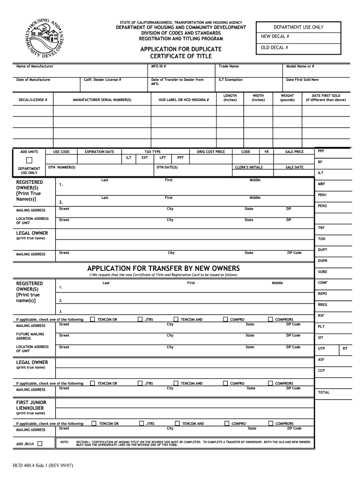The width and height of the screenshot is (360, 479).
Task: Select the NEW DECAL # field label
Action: click(x=275, y=36)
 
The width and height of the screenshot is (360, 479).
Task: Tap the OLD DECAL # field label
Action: click(x=274, y=48)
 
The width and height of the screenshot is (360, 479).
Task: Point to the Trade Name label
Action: click(x=229, y=66)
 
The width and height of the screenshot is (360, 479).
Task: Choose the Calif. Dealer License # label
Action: click(x=102, y=80)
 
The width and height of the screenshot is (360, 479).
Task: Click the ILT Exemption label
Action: click(x=230, y=80)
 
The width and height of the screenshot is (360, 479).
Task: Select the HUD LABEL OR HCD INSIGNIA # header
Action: click(x=183, y=100)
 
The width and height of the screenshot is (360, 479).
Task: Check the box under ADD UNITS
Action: click(x=29, y=160)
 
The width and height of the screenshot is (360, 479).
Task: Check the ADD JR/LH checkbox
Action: click(x=40, y=443)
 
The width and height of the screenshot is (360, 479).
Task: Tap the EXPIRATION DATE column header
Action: click(x=99, y=152)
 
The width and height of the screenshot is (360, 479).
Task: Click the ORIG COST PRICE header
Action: click(x=210, y=152)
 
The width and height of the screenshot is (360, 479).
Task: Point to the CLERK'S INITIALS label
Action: click(x=249, y=167)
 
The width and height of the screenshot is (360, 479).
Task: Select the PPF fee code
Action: click(x=321, y=151)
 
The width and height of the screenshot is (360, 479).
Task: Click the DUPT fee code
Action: click(x=322, y=249)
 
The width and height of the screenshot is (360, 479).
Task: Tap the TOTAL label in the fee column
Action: click(x=324, y=392)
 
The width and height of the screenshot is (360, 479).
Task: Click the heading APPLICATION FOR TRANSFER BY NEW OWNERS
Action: click(x=163, y=268)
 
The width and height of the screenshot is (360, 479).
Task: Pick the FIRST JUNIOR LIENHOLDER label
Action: click(x=31, y=405)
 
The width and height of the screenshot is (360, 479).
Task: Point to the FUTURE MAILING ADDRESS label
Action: click(x=30, y=336)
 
